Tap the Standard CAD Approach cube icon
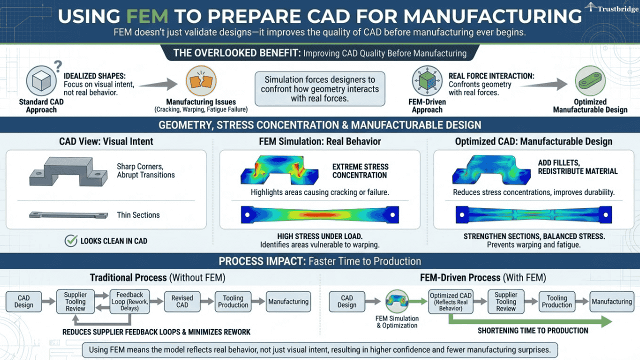tap(40, 81)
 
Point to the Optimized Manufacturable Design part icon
tap(590, 80)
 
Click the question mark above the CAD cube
tap(57, 65)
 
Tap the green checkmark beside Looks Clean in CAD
tap(71, 241)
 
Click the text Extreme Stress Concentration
tap(360, 171)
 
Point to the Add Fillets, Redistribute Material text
tap(577, 167)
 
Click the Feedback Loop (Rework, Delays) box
tap(129, 301)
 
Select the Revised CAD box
tap(182, 301)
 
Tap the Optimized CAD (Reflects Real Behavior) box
tap(450, 302)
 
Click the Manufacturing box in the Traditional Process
tap(288, 301)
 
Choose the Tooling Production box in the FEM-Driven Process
tap(556, 301)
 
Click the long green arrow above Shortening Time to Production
tap(530, 320)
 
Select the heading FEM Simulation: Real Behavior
tap(320, 141)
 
